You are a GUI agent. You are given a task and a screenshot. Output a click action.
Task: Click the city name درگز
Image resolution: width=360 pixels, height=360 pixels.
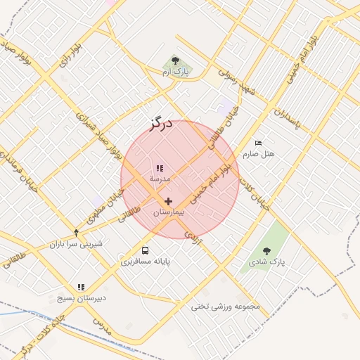click(x=161, y=124)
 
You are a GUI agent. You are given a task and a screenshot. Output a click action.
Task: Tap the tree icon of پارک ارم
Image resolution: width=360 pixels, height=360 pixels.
click(x=175, y=60)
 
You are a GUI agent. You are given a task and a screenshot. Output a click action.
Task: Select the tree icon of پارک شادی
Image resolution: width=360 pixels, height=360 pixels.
click(x=266, y=251)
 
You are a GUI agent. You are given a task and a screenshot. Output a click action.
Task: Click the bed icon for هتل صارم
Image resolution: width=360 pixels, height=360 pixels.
click(x=258, y=143)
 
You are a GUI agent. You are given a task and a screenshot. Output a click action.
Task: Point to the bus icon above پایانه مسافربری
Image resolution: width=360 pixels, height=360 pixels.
click(x=145, y=250)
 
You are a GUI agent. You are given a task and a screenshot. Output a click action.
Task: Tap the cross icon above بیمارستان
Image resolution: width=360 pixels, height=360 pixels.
click(x=168, y=201)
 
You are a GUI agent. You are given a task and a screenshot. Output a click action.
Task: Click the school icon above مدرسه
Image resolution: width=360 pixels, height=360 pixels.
click(x=160, y=169)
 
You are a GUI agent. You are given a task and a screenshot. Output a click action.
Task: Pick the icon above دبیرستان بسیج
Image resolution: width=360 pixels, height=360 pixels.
click(x=81, y=287)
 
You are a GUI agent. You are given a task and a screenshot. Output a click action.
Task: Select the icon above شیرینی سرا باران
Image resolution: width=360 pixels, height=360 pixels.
click(x=76, y=233)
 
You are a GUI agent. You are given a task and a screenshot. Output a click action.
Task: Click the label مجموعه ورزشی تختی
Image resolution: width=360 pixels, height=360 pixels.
click(x=226, y=307)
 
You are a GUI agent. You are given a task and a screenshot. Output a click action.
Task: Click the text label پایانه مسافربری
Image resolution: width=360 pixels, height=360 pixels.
click(x=146, y=262)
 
